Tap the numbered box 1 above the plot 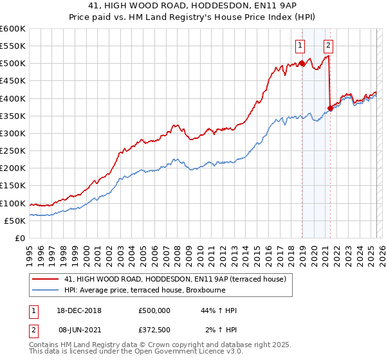[300, 45]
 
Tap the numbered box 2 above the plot [328, 45]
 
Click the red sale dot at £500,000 [302, 64]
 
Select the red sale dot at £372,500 [330, 108]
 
